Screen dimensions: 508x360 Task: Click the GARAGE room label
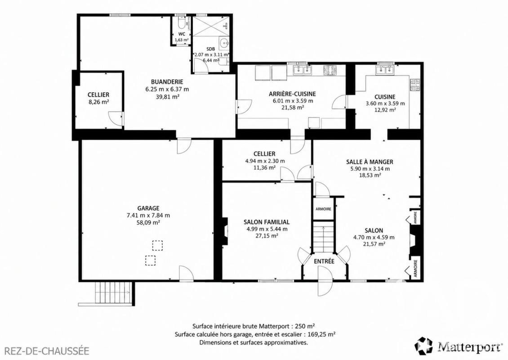148,208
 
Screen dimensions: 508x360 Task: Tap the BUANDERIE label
167,82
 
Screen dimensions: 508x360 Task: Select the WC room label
182,34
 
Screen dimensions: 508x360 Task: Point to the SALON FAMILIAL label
267,222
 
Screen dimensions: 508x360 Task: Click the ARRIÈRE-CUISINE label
292,94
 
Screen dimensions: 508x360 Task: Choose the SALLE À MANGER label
370,162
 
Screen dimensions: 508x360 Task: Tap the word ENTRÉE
324,261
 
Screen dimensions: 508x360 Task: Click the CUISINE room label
385,97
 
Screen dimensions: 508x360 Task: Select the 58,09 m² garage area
148,222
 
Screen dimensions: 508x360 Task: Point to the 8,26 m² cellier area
98,102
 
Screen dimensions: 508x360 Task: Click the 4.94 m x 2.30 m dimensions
265,161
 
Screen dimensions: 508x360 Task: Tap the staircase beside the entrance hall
323,236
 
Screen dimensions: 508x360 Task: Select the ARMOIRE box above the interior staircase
323,209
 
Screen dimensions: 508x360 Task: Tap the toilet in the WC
182,22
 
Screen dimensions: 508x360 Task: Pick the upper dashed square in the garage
157,246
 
